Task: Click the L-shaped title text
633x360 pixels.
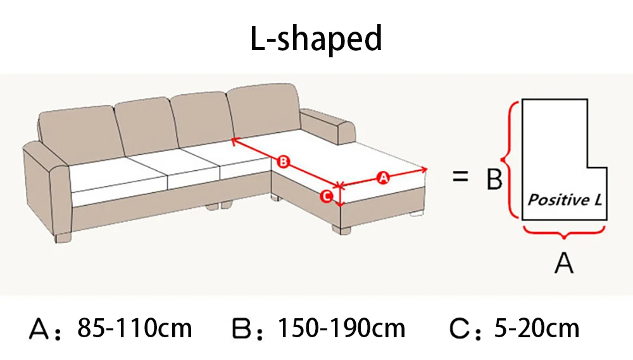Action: click(316, 39)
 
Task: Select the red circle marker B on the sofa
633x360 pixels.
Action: click(283, 162)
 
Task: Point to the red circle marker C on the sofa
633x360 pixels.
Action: click(325, 196)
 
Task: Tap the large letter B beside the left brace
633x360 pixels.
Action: click(494, 180)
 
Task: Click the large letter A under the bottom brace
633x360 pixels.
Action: click(563, 261)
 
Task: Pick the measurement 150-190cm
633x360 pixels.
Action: click(342, 328)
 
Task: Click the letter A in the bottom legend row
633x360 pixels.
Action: click(41, 330)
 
